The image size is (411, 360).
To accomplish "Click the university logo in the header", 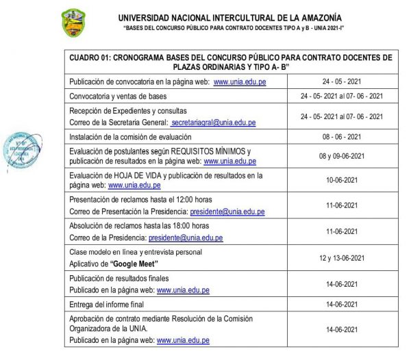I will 74,23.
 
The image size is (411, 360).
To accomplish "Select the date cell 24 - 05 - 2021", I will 340,81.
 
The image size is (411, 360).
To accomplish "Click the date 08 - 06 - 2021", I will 340,136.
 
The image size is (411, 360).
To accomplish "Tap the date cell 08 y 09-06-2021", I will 340,155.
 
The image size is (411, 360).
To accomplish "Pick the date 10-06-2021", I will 340,180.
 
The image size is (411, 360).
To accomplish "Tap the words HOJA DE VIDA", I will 145,175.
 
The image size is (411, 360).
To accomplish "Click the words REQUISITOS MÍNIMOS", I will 210,151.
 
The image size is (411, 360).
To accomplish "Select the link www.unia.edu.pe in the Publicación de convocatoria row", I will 239,81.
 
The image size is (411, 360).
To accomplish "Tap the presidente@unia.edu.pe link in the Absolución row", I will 186,237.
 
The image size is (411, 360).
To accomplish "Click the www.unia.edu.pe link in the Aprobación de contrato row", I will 183,339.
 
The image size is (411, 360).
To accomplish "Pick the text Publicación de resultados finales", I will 119,277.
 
